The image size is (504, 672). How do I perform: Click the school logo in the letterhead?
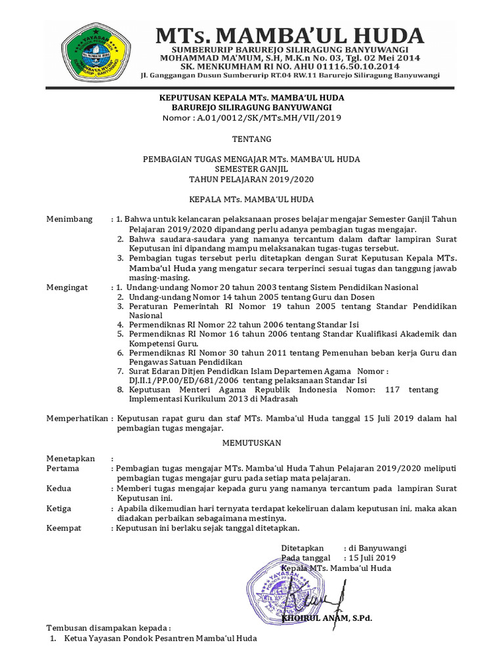click(x=97, y=50)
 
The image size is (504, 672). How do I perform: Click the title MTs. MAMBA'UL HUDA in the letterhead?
click(x=289, y=34)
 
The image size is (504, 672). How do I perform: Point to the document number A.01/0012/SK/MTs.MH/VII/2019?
click(x=252, y=117)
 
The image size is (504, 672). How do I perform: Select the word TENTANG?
click(x=252, y=139)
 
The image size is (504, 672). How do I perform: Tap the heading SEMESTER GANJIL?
click(x=252, y=169)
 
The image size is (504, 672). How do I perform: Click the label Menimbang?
click(x=70, y=219)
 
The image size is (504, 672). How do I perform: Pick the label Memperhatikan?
click(x=78, y=418)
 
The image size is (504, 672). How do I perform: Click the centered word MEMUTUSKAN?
click(x=252, y=444)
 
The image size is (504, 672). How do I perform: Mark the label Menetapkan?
click(x=71, y=458)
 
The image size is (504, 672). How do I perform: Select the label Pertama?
click(x=63, y=469)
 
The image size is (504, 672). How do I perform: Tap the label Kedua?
click(x=59, y=488)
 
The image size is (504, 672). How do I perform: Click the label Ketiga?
click(x=59, y=509)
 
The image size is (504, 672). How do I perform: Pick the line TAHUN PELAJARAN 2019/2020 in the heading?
click(x=252, y=178)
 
